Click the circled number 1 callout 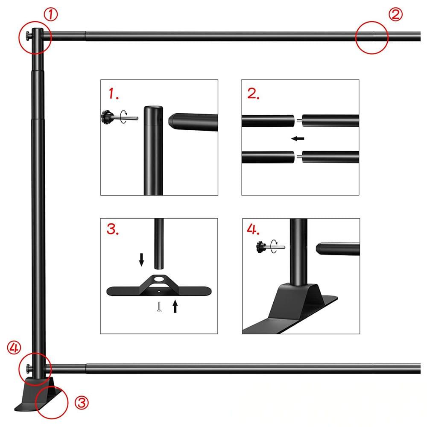coord(51,15)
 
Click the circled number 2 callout coord(395,15)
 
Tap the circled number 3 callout coord(82,403)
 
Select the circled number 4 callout coord(14,348)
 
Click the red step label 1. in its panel coord(114,94)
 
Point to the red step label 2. coord(253,94)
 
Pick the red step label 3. coord(112,229)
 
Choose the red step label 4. coord(253,229)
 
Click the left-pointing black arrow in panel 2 coord(298,139)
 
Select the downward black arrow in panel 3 coord(141,260)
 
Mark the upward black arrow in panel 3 coord(175,306)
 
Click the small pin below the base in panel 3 coord(159,307)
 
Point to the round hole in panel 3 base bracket coord(159,279)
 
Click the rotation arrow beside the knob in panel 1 coord(124,117)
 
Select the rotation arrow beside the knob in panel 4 coord(274,246)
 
